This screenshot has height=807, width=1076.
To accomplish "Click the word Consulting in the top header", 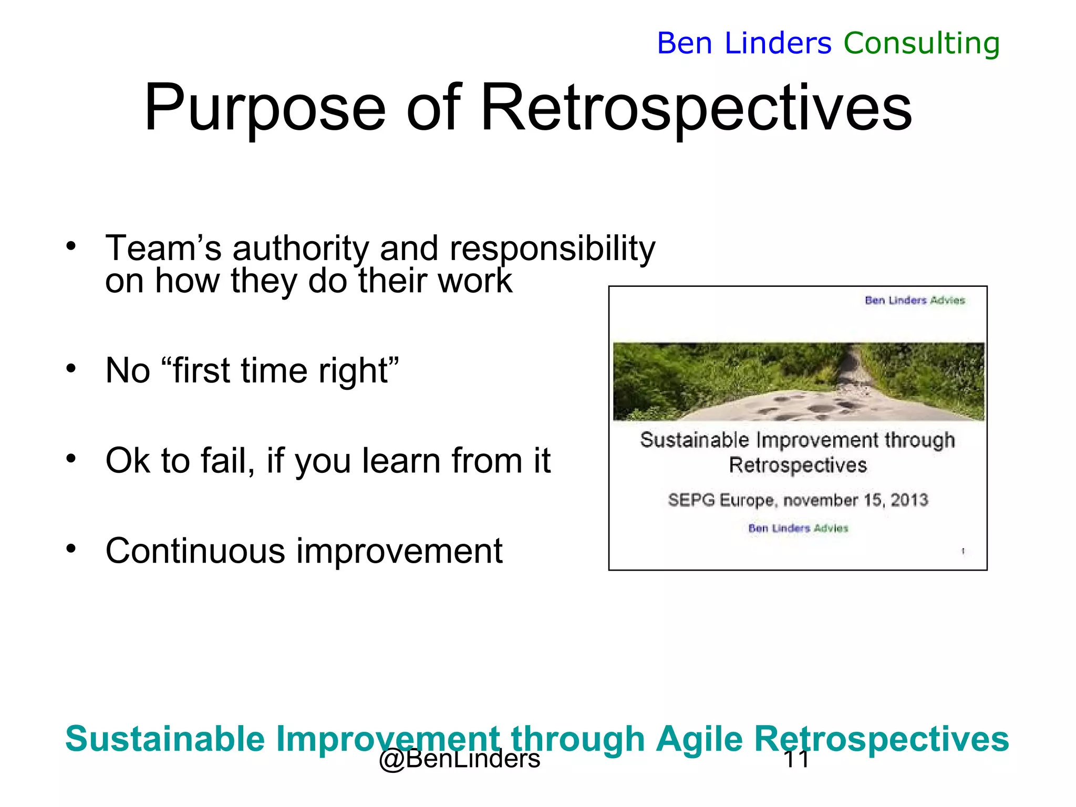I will [922, 43].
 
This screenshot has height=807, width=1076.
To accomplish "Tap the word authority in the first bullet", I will [301, 248].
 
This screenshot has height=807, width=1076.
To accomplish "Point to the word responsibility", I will [552, 248].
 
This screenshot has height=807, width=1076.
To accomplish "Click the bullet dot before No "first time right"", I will [71, 368].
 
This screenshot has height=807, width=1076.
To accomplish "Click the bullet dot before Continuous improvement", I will [71, 549].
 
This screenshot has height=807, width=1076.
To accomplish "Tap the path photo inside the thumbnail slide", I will [798, 381].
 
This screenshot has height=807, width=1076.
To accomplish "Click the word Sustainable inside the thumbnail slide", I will [694, 440].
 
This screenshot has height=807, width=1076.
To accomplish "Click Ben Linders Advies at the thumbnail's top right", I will [915, 300].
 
